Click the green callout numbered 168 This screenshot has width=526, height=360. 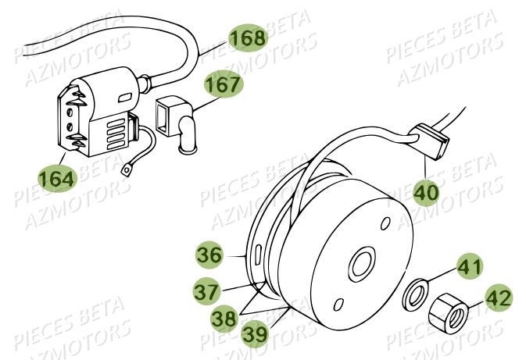coord(248,37)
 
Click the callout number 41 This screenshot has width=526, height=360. coord(470,269)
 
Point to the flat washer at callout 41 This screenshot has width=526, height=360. coord(415,294)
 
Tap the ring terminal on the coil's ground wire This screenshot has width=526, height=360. coord(126,168)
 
